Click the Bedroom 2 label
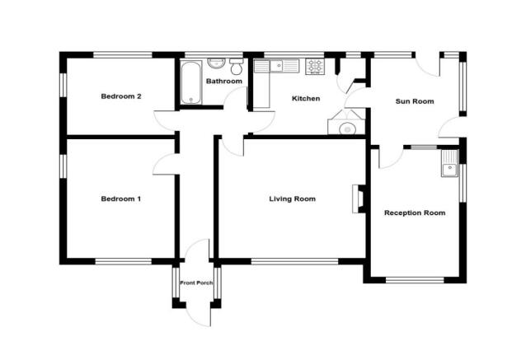121,96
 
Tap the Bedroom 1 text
121,199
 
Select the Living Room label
292,199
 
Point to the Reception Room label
414,213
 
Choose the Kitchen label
306,99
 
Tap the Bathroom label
223,82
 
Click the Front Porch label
195,283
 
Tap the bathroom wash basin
216,63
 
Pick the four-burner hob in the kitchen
314,66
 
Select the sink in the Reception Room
449,168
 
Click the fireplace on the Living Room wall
357,199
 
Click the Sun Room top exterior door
427,66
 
